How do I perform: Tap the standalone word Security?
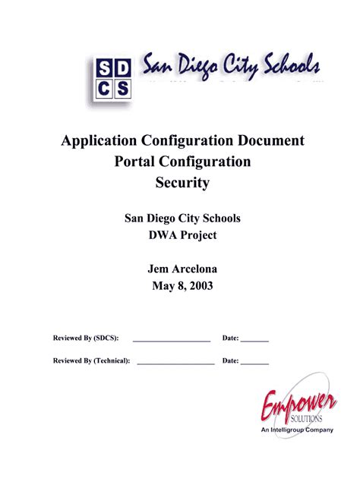tap(182, 183)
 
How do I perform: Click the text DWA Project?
tap(182, 235)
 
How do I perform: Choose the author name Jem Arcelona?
tap(182, 269)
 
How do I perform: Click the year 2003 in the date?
tap(199, 287)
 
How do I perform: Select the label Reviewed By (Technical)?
tap(91, 361)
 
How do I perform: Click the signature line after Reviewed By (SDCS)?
tap(172, 341)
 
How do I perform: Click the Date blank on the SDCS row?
tap(255, 341)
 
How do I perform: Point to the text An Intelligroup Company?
tap(297, 430)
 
